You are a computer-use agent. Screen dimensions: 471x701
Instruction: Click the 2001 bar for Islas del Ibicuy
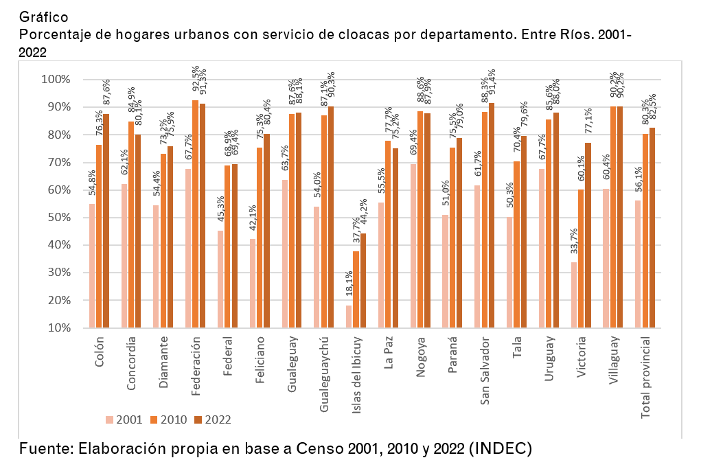pyautogui.click(x=349, y=317)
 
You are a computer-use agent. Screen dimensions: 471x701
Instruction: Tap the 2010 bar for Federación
pyautogui.click(x=195, y=214)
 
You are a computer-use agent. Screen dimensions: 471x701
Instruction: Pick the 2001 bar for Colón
pyautogui.click(x=92, y=266)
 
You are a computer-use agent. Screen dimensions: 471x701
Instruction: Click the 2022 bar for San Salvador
pyautogui.click(x=491, y=215)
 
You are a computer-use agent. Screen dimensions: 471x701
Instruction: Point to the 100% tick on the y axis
pyautogui.click(x=56, y=80)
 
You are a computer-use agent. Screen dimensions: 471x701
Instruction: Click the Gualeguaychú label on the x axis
pyautogui.click(x=325, y=374)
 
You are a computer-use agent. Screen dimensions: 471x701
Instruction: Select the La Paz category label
pyautogui.click(x=389, y=354)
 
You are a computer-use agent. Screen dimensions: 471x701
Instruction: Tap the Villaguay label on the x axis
pyautogui.click(x=613, y=362)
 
